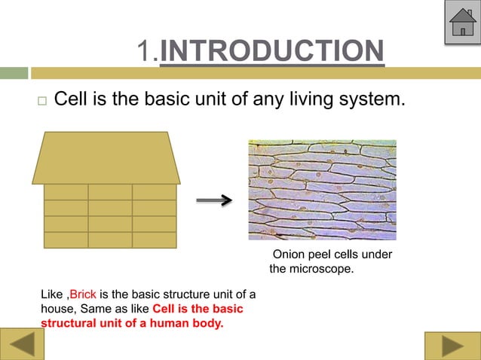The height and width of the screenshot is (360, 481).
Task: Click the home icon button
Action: click(461, 24)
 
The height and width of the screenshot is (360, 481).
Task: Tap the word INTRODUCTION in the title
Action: click(272, 51)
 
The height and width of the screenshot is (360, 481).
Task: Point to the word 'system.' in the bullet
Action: click(379, 99)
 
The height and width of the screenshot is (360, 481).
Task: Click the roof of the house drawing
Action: click(106, 157)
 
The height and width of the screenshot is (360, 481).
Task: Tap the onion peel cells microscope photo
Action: click(322, 190)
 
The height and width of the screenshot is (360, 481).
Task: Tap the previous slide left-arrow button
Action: click(22, 346)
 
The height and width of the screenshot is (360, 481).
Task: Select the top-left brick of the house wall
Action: click(66, 192)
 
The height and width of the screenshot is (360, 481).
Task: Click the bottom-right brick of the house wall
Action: click(154, 239)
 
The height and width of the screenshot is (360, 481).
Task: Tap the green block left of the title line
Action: click(14, 73)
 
